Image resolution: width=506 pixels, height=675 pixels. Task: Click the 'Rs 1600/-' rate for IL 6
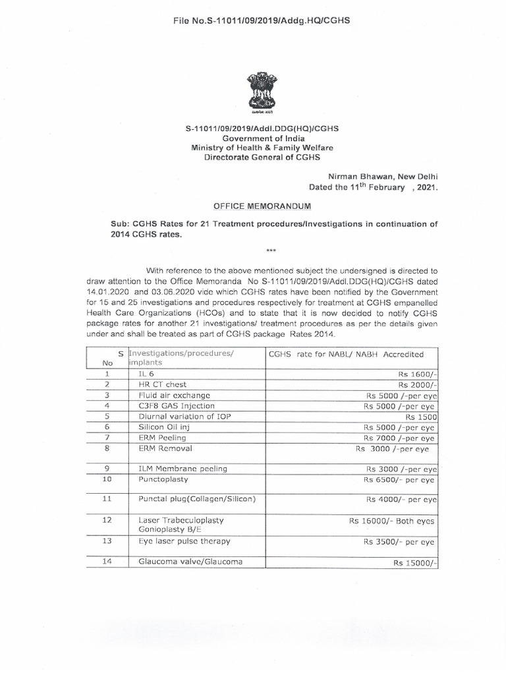click(417, 373)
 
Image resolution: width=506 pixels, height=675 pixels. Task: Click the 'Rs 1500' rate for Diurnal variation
click(420, 417)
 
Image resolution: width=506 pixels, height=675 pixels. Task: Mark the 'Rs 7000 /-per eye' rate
click(401, 438)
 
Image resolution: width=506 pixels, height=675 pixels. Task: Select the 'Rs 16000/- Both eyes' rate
click(392, 521)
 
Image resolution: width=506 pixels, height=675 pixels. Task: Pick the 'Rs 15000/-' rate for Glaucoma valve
click(415, 563)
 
